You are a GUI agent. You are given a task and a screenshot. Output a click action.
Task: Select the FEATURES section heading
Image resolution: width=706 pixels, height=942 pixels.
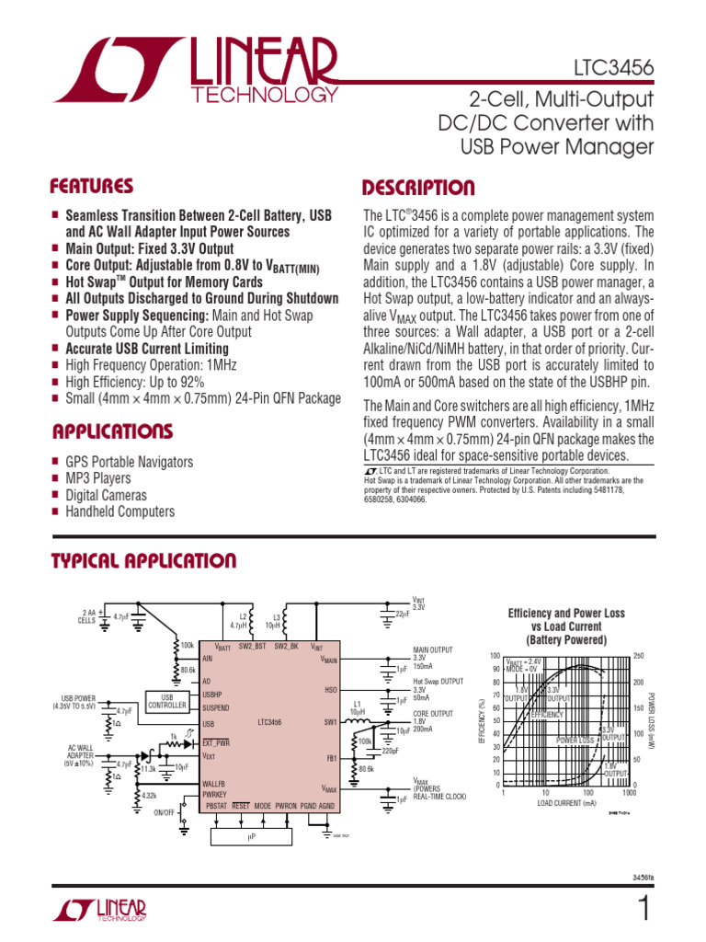click(x=92, y=187)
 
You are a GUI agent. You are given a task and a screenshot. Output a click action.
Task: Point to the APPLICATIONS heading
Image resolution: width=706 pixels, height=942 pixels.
click(x=112, y=431)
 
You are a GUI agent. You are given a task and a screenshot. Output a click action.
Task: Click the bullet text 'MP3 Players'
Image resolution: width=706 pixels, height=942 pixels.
click(x=98, y=478)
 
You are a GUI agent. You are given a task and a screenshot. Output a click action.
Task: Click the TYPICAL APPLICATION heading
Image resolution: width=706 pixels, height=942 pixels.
click(x=143, y=561)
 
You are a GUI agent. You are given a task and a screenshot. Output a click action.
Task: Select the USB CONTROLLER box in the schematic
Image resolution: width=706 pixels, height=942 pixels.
click(x=167, y=701)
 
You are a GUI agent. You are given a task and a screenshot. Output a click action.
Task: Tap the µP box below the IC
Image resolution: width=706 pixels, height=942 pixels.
click(x=250, y=837)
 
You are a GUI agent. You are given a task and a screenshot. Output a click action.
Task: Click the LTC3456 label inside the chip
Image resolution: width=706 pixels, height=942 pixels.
click(x=270, y=722)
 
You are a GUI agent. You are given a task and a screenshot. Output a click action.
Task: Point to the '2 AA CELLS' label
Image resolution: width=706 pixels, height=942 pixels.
click(x=87, y=616)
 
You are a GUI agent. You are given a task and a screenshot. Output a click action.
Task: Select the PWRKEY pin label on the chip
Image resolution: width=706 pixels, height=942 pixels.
click(x=214, y=793)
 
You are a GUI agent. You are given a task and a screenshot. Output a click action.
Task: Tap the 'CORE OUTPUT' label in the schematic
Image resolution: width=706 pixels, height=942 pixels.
click(x=433, y=713)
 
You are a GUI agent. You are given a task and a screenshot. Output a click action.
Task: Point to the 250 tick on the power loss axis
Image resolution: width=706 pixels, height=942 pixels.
click(x=640, y=655)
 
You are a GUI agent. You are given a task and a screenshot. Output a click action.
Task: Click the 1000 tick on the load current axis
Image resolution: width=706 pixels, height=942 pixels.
click(x=630, y=792)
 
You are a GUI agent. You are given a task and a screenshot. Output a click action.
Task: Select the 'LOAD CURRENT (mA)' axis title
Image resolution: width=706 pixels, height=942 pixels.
click(x=567, y=803)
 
